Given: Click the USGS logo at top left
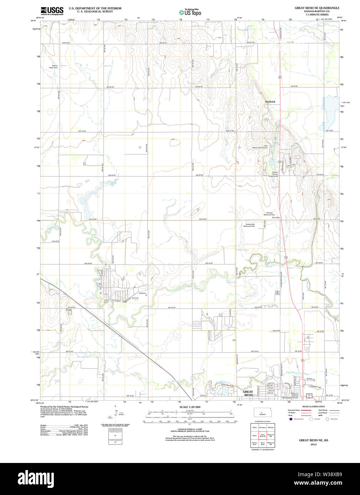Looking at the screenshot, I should click(52, 11).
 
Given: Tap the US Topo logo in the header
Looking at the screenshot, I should click(190, 12).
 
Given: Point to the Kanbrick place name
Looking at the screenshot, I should click(270, 102).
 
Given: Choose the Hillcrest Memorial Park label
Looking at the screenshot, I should click(269, 214).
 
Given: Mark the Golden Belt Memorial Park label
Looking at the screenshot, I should click(250, 225).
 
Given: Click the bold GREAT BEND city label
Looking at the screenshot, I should click(248, 393).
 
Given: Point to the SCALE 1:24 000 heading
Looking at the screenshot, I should click(190, 407).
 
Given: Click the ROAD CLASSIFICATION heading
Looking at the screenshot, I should click(313, 406).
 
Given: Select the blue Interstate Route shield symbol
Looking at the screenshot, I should click(291, 419).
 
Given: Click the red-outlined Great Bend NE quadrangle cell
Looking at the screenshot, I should click(263, 435).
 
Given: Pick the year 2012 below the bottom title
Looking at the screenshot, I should click(313, 444).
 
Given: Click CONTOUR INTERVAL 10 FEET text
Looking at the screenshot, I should click(190, 430).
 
